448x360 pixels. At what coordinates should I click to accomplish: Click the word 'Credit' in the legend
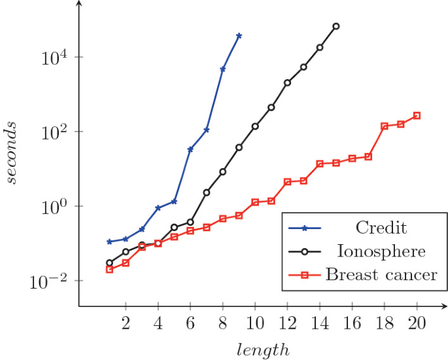pyautogui.click(x=381, y=228)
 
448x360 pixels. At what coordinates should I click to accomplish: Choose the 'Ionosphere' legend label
pyautogui.click(x=381, y=251)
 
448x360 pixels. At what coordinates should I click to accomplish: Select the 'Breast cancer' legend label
pyautogui.click(x=381, y=274)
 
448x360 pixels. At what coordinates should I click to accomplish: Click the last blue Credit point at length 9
pyautogui.click(x=239, y=35)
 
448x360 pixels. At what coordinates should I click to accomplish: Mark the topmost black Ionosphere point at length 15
pyautogui.click(x=336, y=26)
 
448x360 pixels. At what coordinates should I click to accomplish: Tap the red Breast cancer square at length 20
pyautogui.click(x=417, y=116)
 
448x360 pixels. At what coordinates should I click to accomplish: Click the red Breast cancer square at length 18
pyautogui.click(x=385, y=126)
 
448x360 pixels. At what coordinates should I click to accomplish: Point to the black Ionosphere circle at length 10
pyautogui.click(x=255, y=126)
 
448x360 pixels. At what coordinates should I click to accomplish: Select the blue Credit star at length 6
pyautogui.click(x=190, y=149)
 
